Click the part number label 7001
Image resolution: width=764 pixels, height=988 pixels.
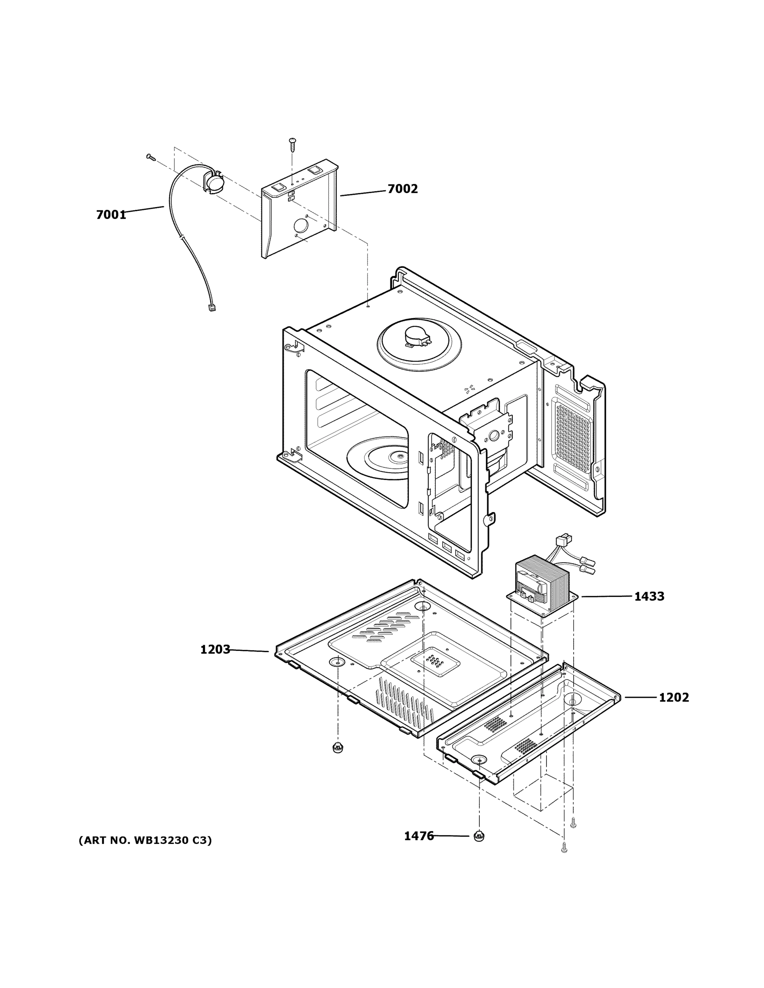(x=111, y=214)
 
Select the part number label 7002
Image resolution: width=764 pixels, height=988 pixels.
(x=402, y=189)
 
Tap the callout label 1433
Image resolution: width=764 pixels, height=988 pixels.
(x=649, y=596)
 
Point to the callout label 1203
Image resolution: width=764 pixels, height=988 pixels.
(x=215, y=650)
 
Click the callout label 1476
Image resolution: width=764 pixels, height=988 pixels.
(x=419, y=836)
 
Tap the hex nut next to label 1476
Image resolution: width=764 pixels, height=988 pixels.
(x=479, y=837)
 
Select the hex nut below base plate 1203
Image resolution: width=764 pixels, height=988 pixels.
(x=337, y=747)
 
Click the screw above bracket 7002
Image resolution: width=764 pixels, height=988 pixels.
(x=292, y=143)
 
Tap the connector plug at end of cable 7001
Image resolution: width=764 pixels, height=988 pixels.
(x=211, y=308)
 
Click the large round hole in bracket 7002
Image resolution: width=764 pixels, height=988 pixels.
(x=301, y=226)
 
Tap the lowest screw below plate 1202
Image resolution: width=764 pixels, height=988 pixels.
(x=564, y=849)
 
